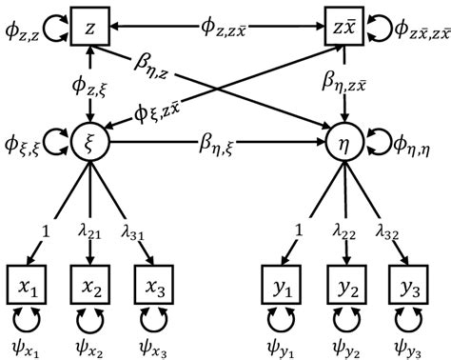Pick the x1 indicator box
[x=27, y=283]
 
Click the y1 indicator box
[x=282, y=283]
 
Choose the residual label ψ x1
[x=28, y=342]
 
